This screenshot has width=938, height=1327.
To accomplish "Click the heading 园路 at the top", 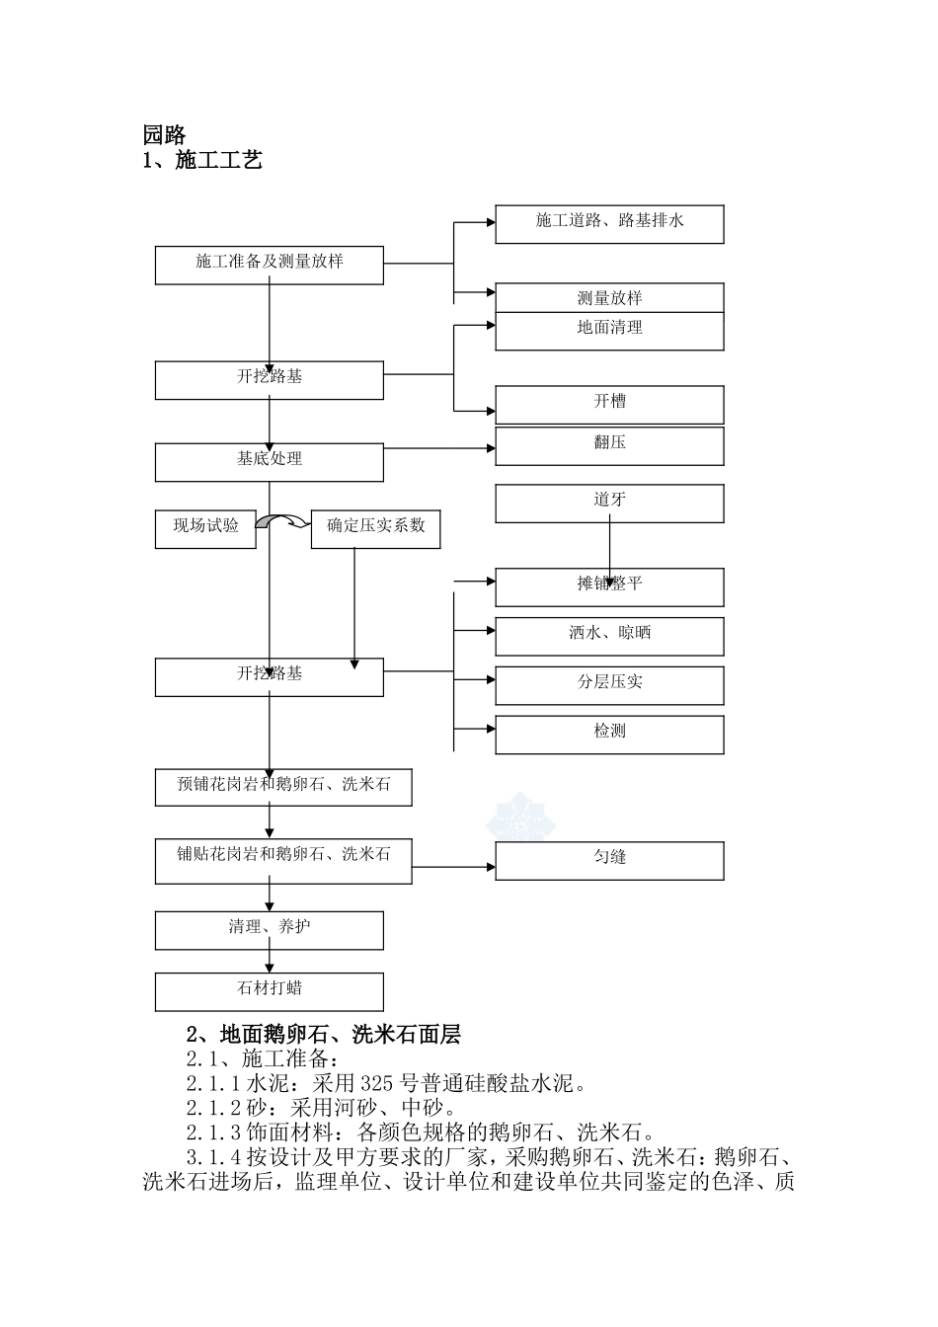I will click(x=164, y=135).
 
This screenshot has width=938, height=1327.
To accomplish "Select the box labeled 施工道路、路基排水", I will click(x=609, y=223).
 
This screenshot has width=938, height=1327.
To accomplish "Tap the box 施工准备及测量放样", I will click(x=269, y=265).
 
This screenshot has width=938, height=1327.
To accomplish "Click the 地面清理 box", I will click(x=609, y=330).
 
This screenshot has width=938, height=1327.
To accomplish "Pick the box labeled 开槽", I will click(x=609, y=404).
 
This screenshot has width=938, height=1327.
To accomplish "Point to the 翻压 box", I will click(x=609, y=445).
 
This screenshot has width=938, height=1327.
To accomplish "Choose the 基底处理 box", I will click(x=269, y=461).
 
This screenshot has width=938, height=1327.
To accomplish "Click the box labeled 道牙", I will click(x=609, y=503).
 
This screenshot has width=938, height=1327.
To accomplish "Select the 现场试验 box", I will click(x=205, y=528).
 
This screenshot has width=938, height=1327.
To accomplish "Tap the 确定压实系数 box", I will click(x=375, y=528).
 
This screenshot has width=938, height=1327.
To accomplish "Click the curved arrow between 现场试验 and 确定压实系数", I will click(x=283, y=522).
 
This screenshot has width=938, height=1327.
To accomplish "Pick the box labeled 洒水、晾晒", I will click(x=609, y=636).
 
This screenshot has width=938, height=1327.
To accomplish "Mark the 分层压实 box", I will click(x=609, y=684).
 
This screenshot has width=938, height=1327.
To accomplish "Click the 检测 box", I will click(x=609, y=734).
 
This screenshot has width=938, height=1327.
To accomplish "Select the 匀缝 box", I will click(x=609, y=860).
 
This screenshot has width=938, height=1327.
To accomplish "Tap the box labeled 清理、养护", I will click(x=269, y=929).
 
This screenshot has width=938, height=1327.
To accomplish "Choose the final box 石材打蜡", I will click(x=269, y=990).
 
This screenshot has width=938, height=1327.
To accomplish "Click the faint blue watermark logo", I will click(x=519, y=816).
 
